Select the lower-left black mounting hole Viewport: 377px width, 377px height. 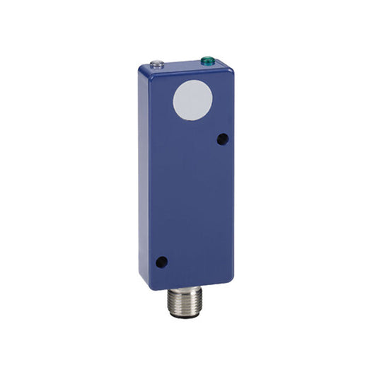pyautogui.click(x=161, y=262)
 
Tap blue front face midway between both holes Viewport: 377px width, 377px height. pyautogui.click(x=192, y=201)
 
